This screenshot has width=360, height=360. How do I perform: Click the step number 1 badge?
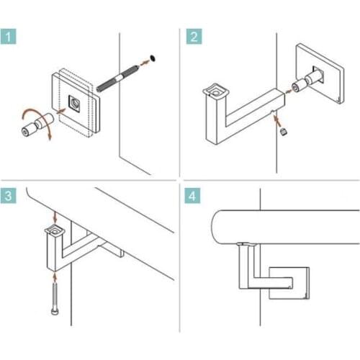click(10, 37)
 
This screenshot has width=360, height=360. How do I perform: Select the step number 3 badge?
click(10, 196)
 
